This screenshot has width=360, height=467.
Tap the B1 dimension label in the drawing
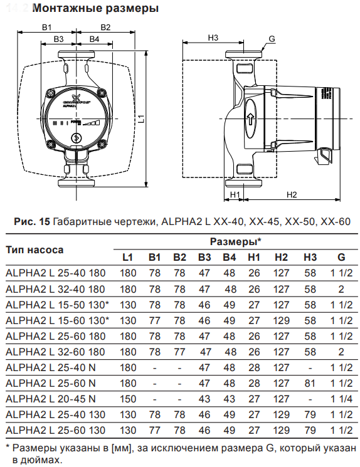[47, 27]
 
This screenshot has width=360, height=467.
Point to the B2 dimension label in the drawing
[105, 27]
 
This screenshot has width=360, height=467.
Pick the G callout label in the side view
[272, 39]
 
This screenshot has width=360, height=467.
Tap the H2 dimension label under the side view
[291, 195]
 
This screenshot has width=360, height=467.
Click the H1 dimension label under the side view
[236, 195]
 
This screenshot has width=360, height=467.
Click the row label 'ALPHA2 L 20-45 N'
[51, 399]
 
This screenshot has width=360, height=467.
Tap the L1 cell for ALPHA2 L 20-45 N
[127, 399]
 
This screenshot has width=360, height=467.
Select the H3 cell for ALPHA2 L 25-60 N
[310, 383]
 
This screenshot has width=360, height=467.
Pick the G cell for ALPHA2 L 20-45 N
[341, 399]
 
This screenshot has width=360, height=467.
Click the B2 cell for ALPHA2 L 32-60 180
[179, 352]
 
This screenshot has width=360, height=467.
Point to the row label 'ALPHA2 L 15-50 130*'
[57, 305]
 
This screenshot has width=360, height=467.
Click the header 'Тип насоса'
[34, 249]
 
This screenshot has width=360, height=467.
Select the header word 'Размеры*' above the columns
[235, 241]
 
